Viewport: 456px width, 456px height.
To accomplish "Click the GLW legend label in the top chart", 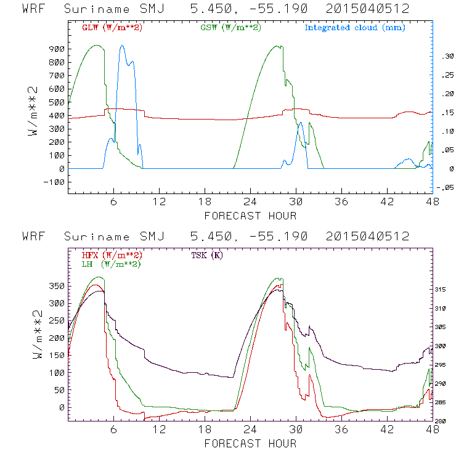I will coord(112,27).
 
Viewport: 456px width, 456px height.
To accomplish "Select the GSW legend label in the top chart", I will coord(231,27).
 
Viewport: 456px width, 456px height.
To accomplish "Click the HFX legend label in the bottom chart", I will coord(112,254).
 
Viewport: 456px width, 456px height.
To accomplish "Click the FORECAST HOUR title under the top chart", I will coord(250,216).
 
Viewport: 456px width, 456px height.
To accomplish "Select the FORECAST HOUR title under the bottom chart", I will coord(250,444).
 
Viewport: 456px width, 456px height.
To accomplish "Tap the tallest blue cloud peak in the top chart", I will coord(122,46).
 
